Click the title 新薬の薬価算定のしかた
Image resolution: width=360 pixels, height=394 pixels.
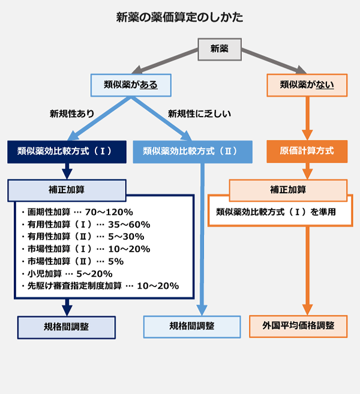click(180, 17)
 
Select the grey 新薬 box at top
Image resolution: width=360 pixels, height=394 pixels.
click(219, 49)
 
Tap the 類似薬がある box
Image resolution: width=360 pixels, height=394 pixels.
click(130, 85)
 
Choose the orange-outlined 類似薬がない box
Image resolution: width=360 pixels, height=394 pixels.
click(307, 85)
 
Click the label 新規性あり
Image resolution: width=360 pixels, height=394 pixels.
click(71, 113)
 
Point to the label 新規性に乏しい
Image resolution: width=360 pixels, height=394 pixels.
click(199, 113)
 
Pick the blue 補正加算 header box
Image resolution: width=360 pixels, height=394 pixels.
click(67, 190)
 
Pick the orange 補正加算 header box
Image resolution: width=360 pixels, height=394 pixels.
click(288, 190)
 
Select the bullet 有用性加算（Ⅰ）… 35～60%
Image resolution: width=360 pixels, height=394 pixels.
click(85, 224)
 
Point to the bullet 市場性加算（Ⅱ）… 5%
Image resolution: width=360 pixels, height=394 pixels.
click(72, 261)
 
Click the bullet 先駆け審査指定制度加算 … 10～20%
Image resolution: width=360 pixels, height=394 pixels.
click(99, 286)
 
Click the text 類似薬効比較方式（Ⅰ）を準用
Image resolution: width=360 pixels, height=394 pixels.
click(275, 211)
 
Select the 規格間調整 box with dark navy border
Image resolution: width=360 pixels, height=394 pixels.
click(67, 327)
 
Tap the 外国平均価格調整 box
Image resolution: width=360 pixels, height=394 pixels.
click(298, 327)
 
